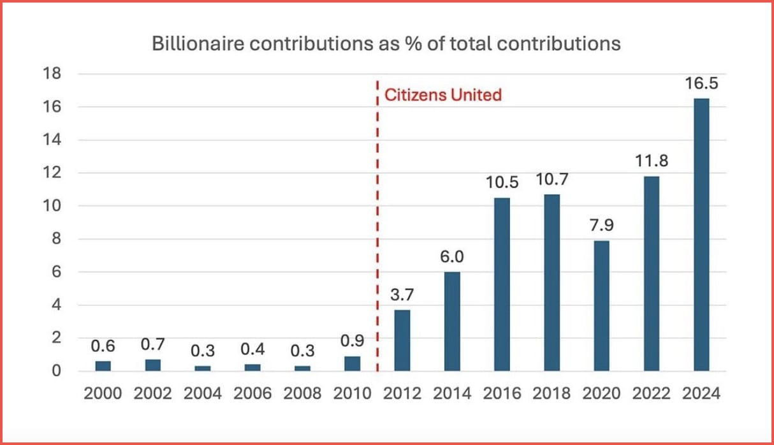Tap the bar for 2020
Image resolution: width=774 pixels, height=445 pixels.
(601, 305)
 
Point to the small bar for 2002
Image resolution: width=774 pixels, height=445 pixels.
(153, 365)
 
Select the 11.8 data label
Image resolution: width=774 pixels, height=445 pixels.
(651, 161)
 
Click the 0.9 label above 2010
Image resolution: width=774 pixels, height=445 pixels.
(353, 341)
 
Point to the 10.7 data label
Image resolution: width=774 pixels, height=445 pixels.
(551, 179)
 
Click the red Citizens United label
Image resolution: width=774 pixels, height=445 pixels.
(443, 96)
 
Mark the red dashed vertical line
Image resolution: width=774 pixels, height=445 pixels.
(377, 255)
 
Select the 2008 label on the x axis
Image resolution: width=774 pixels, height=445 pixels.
(302, 393)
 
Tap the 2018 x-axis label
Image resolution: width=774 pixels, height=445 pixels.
(551, 393)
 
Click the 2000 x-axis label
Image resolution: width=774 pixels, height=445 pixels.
(103, 393)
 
